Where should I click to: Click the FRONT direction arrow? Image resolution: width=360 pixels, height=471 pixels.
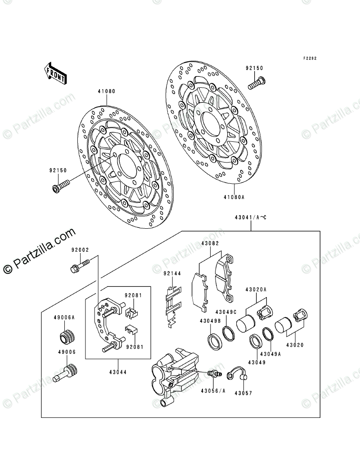55,72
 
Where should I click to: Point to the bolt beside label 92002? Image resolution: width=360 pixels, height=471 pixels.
80,264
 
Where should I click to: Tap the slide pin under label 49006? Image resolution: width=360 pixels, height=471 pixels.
66,373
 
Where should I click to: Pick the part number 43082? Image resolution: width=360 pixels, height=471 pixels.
210,244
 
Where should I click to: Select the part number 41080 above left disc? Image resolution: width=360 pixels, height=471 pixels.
106,91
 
